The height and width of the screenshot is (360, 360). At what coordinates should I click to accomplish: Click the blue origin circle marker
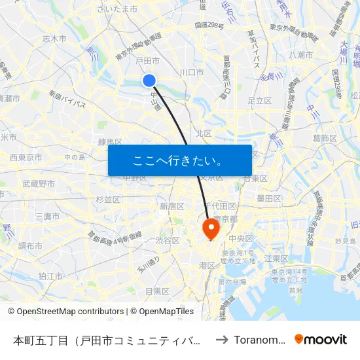(149, 80)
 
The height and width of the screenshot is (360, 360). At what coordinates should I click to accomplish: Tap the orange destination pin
(211, 228)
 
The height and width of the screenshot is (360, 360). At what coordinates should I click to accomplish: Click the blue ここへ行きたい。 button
(180, 160)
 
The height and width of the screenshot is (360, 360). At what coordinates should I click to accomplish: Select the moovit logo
(321, 339)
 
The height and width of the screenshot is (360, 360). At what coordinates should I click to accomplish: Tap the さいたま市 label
(117, 9)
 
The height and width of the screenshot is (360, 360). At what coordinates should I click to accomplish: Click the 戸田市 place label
(147, 60)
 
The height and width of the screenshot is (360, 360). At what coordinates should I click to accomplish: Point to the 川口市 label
(192, 72)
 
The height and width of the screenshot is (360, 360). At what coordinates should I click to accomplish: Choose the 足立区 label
(259, 101)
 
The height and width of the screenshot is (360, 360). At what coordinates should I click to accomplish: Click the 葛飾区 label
(325, 137)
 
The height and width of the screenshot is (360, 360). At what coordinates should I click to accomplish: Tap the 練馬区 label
(110, 141)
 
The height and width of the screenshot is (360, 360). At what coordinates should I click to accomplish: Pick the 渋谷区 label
(168, 240)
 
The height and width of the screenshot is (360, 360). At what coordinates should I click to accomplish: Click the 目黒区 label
(157, 291)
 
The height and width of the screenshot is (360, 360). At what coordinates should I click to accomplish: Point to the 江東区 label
(276, 259)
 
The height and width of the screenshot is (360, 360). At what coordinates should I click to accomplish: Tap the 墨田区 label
(268, 198)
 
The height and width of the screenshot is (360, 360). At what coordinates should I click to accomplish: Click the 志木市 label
(54, 39)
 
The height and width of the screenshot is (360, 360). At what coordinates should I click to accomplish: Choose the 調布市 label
(31, 246)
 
